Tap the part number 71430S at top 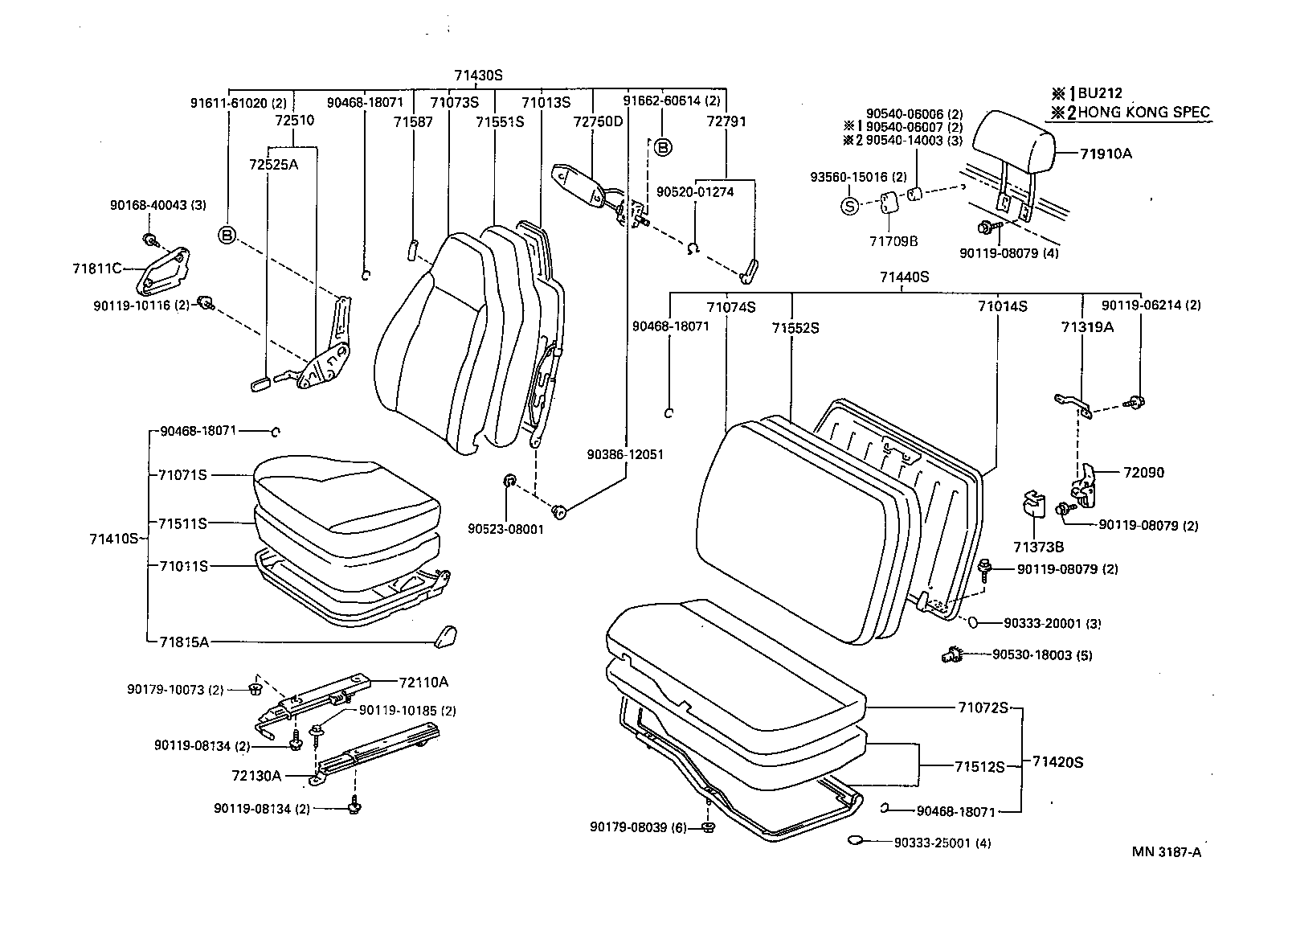coord(477,76)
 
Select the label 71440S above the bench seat coord(903,277)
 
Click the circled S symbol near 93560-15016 coord(850,206)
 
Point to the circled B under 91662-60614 coord(662,147)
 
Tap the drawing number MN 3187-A coord(1167,853)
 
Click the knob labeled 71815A coord(444,635)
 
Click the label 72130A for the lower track coord(256,776)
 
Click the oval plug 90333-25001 coord(857,841)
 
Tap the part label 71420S coord(1057,761)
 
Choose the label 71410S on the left coord(114,539)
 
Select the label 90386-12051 coord(625,455)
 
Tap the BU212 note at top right coord(1102,92)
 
